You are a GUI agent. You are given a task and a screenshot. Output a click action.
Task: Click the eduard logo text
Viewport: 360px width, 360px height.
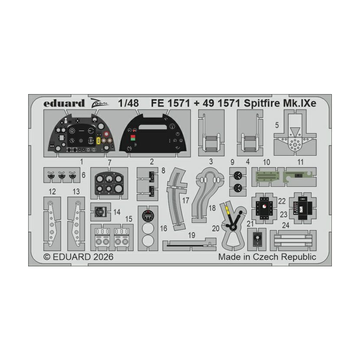point(64,103)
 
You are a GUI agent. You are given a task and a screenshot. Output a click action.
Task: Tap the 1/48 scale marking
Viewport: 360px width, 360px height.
point(128,103)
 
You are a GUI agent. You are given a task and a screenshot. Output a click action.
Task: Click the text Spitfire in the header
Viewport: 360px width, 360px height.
point(261,103)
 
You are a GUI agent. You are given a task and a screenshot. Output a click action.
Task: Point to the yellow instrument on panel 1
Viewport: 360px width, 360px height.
point(99,140)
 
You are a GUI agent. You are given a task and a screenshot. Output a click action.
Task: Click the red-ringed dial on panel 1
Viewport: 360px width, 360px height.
point(106,134)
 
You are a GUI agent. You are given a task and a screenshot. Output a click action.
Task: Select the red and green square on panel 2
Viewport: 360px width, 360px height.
point(133,137)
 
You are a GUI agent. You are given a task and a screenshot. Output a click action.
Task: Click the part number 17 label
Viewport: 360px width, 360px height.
point(185,200)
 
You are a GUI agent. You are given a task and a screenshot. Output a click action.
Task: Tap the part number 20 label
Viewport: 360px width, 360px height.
point(216,229)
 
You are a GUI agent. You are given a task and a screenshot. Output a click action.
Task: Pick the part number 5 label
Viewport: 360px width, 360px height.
point(277,125)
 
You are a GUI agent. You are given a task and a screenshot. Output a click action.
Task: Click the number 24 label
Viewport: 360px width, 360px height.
point(285,226)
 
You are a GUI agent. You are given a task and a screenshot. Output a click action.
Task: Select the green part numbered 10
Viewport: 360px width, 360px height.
point(268,177)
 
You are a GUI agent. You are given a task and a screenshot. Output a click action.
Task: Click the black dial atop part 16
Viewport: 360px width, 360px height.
point(148,216)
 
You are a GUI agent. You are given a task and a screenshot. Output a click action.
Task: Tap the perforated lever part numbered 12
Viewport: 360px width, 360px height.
point(52,224)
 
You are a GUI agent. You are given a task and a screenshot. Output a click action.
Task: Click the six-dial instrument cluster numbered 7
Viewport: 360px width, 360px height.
point(109,183)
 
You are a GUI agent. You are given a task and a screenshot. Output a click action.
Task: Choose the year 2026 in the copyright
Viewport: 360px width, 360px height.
point(103,257)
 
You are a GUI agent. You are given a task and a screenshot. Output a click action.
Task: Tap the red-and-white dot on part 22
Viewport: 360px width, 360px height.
point(264,206)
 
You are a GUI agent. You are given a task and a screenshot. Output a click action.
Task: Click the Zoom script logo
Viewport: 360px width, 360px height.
point(99,103)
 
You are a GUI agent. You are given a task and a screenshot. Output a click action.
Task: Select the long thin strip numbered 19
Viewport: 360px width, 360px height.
point(190,245)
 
